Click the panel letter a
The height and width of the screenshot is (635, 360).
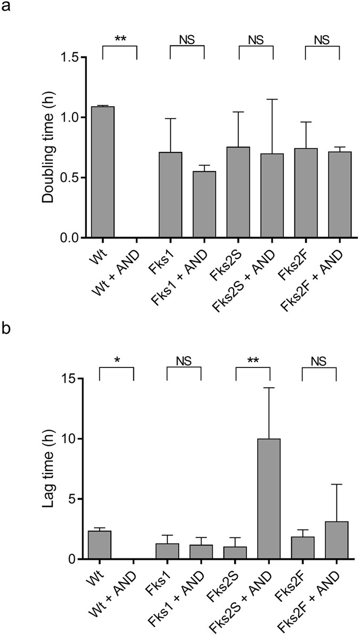pyautogui.click(x=7, y=9)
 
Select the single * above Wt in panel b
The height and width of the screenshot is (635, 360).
pyautogui.click(x=116, y=360)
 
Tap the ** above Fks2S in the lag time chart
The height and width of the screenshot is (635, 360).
pyautogui.click(x=253, y=360)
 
